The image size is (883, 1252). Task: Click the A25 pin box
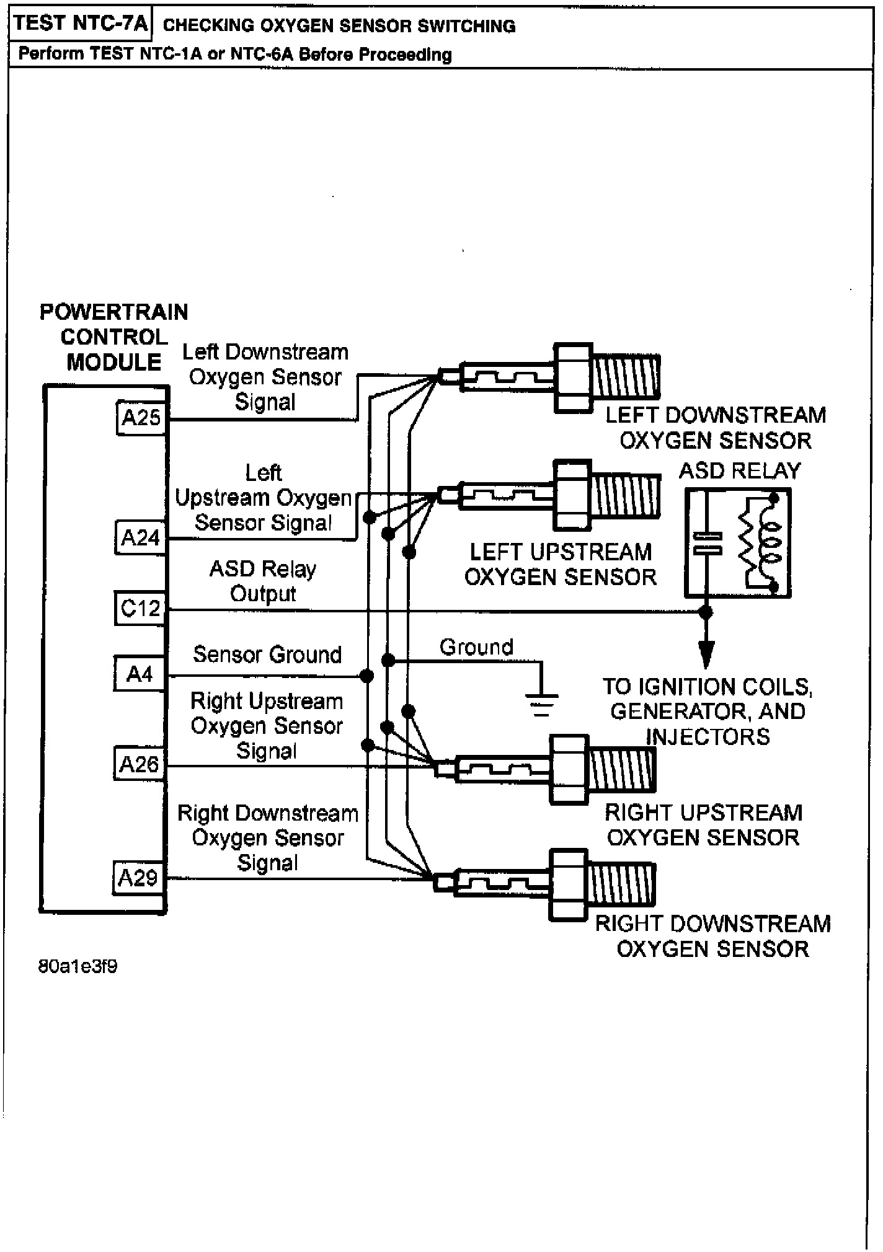click(x=142, y=418)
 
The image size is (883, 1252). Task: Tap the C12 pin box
click(x=141, y=608)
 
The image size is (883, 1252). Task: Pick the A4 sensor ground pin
click(x=140, y=673)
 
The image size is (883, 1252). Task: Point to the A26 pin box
click(x=140, y=764)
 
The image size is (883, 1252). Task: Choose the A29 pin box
click(x=139, y=878)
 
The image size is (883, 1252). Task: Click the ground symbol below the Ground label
click(x=542, y=703)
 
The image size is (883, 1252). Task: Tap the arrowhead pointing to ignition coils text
click(x=706, y=654)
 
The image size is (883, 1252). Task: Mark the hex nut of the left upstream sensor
click(x=573, y=495)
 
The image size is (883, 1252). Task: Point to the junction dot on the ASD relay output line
click(x=706, y=612)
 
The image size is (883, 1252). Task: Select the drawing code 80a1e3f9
click(x=78, y=966)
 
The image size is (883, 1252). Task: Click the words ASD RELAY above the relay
click(x=740, y=471)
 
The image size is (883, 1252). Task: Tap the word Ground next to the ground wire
click(x=476, y=647)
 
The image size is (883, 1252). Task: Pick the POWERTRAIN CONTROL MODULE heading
click(x=114, y=337)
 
